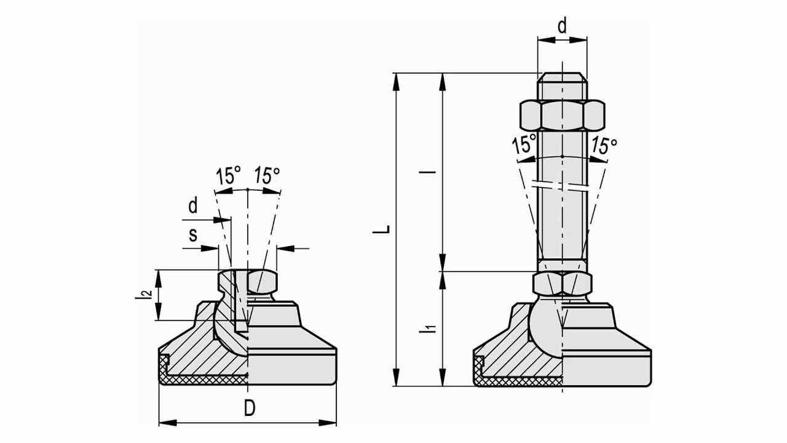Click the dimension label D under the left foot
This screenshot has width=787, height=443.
(x=249, y=409)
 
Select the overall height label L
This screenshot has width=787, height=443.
(x=384, y=229)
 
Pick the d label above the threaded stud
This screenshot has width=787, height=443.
(x=561, y=26)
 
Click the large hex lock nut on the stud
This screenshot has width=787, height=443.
(x=561, y=114)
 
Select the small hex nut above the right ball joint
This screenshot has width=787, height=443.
(x=562, y=284)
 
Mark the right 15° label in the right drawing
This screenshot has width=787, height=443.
(x=603, y=146)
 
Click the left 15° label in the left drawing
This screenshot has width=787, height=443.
(x=227, y=177)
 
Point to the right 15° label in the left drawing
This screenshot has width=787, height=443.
(x=267, y=177)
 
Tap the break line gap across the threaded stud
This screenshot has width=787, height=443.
(x=562, y=185)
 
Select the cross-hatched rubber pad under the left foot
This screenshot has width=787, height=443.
(x=203, y=380)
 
